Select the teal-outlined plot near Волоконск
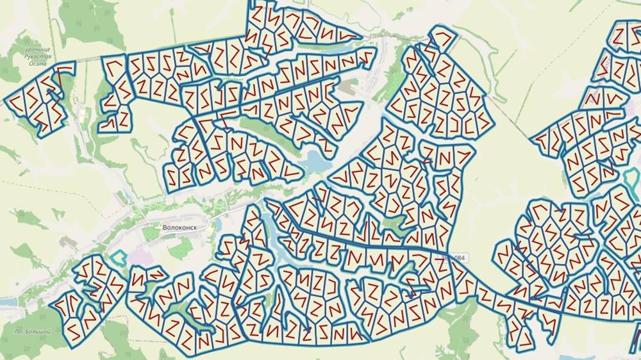[x=117, y=258]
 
